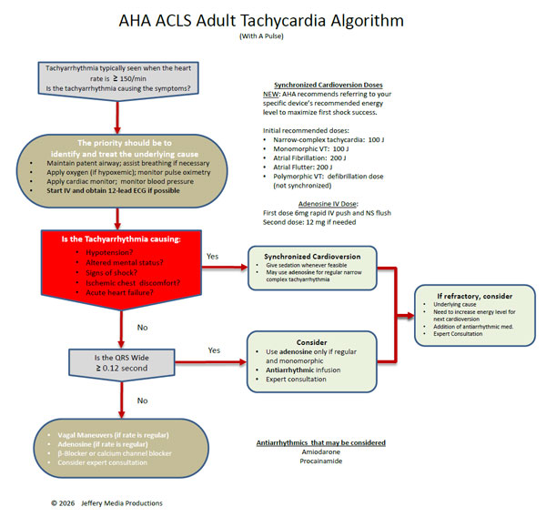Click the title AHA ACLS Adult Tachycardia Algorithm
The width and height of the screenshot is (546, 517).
[x=272, y=20]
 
